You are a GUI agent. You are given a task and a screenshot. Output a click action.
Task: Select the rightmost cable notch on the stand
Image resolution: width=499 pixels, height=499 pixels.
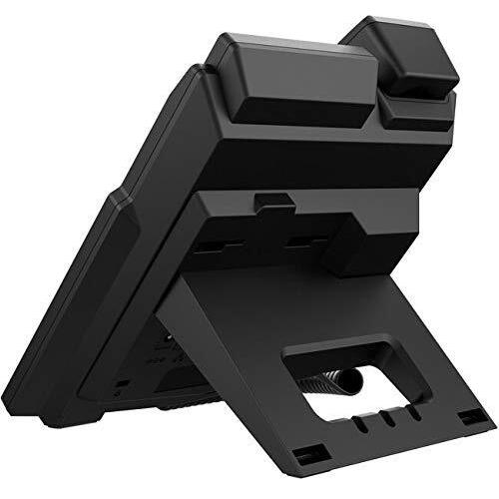coord(410,411)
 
